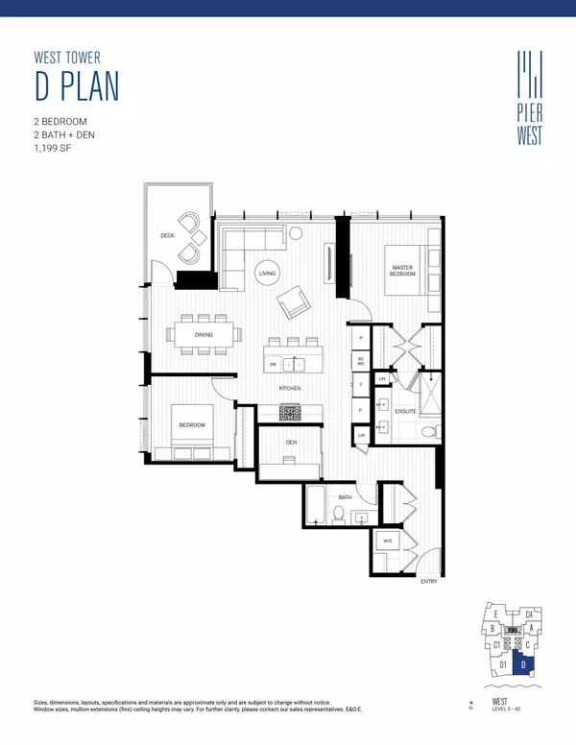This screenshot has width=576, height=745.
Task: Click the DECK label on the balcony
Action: tap(167, 234)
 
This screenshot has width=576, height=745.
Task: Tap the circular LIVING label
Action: tap(267, 274)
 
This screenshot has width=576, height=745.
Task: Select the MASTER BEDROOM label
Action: tap(401, 271)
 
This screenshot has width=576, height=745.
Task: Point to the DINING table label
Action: tap(204, 335)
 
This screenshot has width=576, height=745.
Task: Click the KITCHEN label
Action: tap(290, 388)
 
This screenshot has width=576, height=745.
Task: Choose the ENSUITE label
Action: tap(404, 412)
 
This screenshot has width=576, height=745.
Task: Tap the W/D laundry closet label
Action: tap(388, 541)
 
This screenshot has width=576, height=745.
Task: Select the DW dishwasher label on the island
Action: tap(274, 365)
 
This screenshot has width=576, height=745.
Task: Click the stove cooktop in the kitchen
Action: tap(290, 412)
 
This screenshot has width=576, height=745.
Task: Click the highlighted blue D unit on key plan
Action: tap(523, 662)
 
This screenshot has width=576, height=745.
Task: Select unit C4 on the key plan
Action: tap(529, 614)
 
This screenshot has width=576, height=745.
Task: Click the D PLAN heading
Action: tap(77, 85)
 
